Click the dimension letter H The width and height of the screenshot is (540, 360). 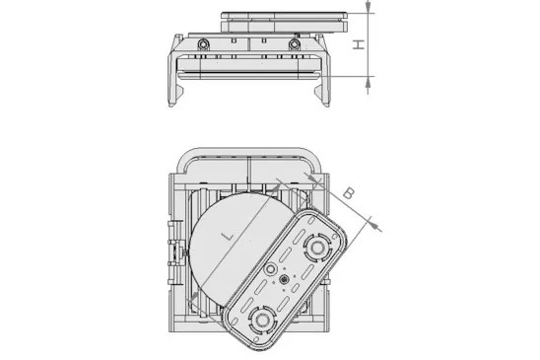(360, 44)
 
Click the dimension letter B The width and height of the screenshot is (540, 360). (348, 194)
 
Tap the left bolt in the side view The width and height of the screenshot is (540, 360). (201, 45)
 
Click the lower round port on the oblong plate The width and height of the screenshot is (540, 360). (262, 319)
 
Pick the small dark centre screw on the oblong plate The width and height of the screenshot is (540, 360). (285, 281)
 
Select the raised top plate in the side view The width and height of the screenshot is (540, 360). (283, 19)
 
